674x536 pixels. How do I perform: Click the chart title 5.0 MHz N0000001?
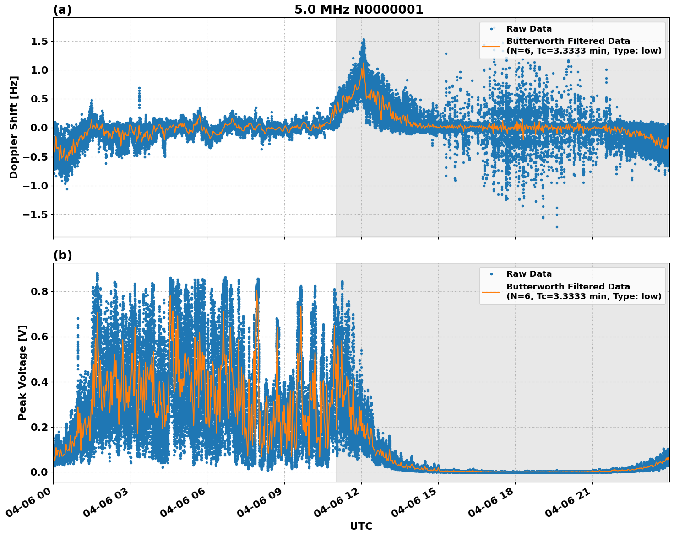[x=359, y=10]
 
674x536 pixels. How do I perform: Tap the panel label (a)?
[x=62, y=10]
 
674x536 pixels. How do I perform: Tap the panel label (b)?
[x=62, y=255]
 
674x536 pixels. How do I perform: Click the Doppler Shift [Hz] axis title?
[x=14, y=127]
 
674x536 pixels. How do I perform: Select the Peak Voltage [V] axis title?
[x=22, y=372]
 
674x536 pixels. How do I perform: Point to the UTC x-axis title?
[x=361, y=526]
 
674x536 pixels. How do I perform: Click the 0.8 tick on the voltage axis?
[x=38, y=291]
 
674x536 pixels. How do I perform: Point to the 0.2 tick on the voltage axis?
[x=38, y=427]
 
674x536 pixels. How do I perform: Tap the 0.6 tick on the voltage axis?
[x=38, y=337]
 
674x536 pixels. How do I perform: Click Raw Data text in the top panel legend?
[x=529, y=29]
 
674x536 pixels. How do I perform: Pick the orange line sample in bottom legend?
[x=491, y=291]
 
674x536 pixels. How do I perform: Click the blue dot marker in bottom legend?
[x=491, y=274]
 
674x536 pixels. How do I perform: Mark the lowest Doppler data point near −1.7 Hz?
[x=557, y=227]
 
